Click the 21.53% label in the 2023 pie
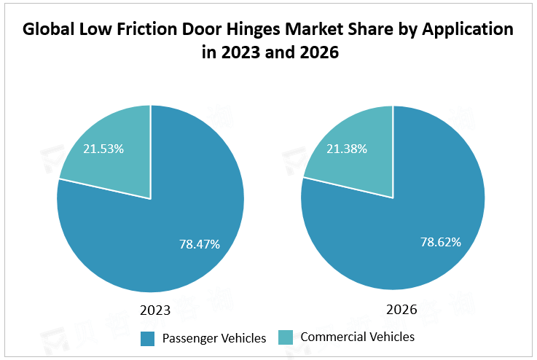pyautogui.click(x=103, y=149)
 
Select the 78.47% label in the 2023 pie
pyautogui.click(x=200, y=243)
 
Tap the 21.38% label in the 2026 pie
pyautogui.click(x=346, y=149)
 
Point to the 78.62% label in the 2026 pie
pyautogui.click(x=441, y=242)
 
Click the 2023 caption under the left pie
pyautogui.click(x=154, y=310)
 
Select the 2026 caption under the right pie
pyautogui.click(x=401, y=310)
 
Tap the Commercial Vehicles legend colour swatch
pyautogui.click(x=286, y=337)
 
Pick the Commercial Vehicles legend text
pyautogui.click(x=357, y=337)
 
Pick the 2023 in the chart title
pyautogui.click(x=240, y=54)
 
